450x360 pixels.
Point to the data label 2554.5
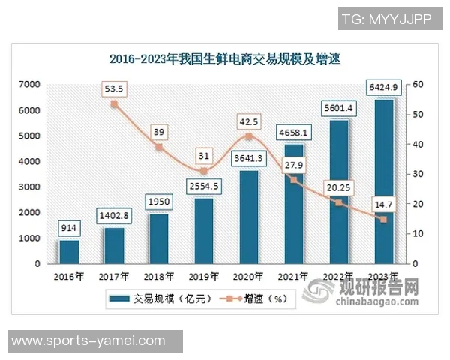point(203,187)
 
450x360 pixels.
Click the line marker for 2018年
point(159,147)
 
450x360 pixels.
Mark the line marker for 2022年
point(338,203)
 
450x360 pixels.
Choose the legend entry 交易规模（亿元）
point(157,300)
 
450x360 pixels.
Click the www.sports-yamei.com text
point(88,341)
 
